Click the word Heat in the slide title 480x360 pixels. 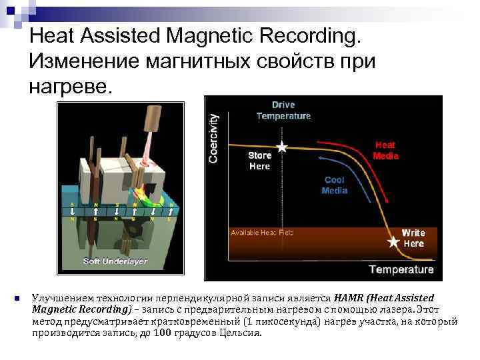[x=53, y=35]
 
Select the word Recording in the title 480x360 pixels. [x=303, y=35]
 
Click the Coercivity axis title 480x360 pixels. [x=213, y=137]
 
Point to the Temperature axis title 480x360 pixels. [x=401, y=269]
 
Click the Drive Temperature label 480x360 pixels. [x=283, y=110]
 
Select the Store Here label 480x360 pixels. [x=259, y=161]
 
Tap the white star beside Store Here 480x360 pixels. [x=283, y=147]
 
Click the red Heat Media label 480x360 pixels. [x=385, y=150]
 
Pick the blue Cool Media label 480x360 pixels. [x=334, y=185]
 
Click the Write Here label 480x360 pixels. [x=413, y=238]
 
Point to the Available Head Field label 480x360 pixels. [x=262, y=233]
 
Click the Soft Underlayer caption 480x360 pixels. [x=115, y=261]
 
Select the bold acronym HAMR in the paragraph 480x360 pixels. [x=350, y=297]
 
